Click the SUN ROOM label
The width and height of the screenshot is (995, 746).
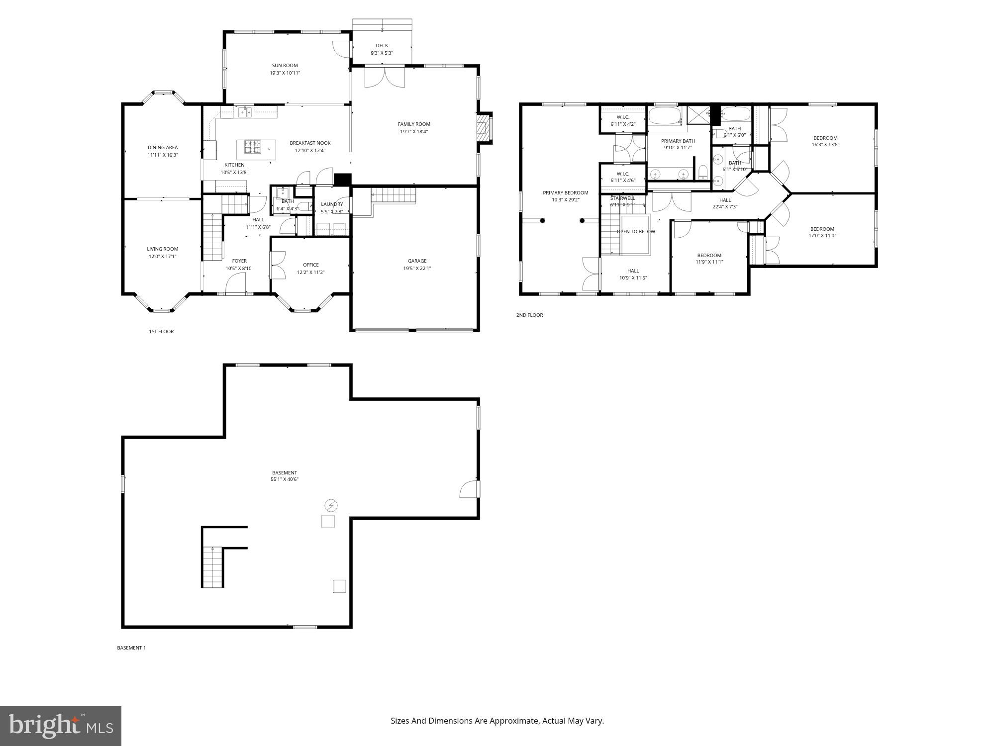pos(285,65)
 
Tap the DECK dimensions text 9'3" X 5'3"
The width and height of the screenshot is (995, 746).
pos(382,53)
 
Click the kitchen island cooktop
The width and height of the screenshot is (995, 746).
pos(252,147)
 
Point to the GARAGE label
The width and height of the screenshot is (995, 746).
pos(417,261)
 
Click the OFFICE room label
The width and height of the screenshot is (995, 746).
pos(311,265)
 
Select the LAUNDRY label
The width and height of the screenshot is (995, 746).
pos(332,204)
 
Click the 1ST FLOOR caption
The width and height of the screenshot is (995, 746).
pos(161,331)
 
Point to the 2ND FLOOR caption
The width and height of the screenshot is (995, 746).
pos(529,315)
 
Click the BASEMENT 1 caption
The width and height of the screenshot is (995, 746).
pos(131,648)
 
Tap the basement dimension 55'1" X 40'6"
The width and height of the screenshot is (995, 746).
pos(285,479)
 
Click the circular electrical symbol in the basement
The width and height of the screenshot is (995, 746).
pos(331,506)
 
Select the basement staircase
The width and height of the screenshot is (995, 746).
pos(212,566)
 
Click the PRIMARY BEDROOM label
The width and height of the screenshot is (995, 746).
pos(565,192)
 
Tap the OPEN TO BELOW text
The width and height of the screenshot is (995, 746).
pos(636,231)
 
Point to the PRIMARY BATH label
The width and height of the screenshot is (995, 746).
pos(678,141)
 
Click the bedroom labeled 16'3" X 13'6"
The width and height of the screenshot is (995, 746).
pos(825,141)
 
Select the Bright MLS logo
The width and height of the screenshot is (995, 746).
pos(61,726)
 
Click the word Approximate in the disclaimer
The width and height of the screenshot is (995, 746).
pos(514,721)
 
